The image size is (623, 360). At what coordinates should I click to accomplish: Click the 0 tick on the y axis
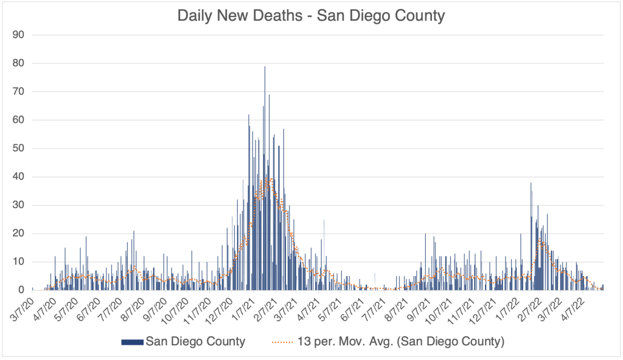(x=21, y=290)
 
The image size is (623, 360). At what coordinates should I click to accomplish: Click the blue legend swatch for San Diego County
(x=132, y=342)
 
